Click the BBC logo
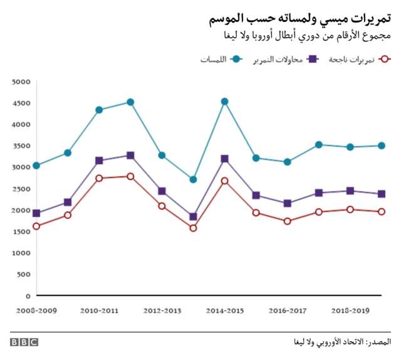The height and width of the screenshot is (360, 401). pyautogui.click(x=24, y=342)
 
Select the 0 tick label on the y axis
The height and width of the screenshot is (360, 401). pyautogui.click(x=28, y=295)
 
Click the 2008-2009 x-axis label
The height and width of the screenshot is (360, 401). pyautogui.click(x=36, y=310)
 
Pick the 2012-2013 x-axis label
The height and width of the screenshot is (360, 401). pyautogui.click(x=162, y=310)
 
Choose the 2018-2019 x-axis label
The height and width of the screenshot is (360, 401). pyautogui.click(x=350, y=310)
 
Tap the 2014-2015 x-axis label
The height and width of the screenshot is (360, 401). pyautogui.click(x=224, y=310)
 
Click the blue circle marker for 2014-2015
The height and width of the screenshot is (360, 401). pyautogui.click(x=224, y=102)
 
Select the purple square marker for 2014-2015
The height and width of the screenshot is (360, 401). pyautogui.click(x=224, y=159)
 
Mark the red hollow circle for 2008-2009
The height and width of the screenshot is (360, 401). pyautogui.click(x=36, y=226)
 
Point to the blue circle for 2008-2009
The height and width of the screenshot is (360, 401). pyautogui.click(x=36, y=166)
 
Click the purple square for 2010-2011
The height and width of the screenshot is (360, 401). pyautogui.click(x=99, y=161)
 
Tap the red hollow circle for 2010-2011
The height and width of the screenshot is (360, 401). pyautogui.click(x=99, y=178)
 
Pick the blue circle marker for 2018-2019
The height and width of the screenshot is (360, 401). pyautogui.click(x=350, y=147)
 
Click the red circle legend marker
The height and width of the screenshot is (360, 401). pyautogui.click(x=385, y=60)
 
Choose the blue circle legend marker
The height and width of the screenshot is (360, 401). pyautogui.click(x=237, y=60)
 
